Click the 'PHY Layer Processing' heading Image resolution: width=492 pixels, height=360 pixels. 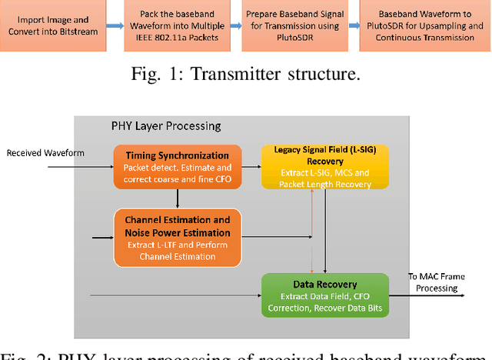coord(166,125)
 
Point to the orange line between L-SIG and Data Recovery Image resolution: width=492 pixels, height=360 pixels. coord(311,231)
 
